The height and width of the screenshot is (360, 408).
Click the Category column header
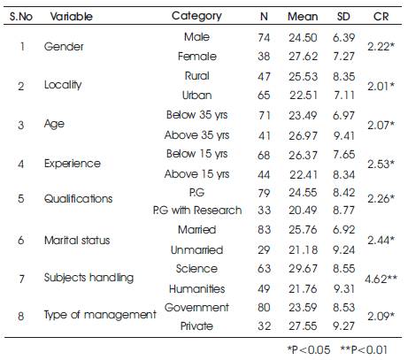196,16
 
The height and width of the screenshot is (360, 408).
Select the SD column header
343,16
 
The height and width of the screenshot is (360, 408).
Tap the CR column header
381,16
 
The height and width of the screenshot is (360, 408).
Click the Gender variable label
64,47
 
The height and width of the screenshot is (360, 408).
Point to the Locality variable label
63,85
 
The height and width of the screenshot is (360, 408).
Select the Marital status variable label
77,241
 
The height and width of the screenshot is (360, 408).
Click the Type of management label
100,315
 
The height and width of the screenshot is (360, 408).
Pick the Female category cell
197,57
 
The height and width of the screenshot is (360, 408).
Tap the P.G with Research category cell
197,211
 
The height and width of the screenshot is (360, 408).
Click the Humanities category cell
197,288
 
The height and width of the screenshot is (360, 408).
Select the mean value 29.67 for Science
303,269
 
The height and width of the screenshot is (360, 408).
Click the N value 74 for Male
264,38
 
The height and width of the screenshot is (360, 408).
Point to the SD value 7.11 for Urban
343,96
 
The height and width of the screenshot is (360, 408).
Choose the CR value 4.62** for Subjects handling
381,279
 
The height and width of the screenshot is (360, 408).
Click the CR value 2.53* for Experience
381,164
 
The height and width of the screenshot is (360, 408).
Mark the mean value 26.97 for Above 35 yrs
303,135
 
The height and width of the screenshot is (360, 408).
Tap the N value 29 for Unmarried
264,250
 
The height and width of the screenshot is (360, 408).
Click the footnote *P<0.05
309,350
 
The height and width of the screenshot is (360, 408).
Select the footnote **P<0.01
364,350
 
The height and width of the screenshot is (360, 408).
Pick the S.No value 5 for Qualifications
20,198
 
